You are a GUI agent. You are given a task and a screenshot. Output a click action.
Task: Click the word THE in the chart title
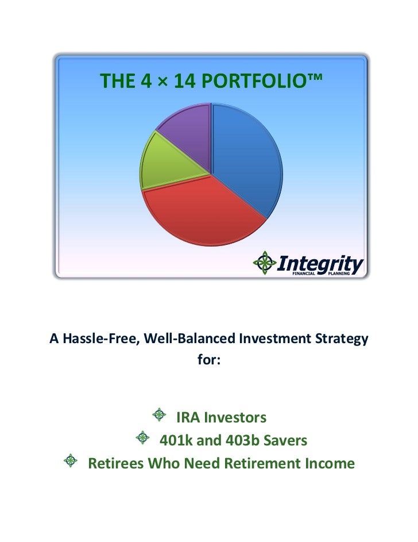pyautogui.click(x=117, y=82)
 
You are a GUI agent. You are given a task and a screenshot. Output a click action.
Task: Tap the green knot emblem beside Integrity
pyautogui.click(x=265, y=263)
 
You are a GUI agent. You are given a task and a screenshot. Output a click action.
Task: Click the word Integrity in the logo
pyautogui.click(x=321, y=264)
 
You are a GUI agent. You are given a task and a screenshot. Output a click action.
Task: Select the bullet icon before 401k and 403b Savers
pyautogui.click(x=142, y=439)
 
